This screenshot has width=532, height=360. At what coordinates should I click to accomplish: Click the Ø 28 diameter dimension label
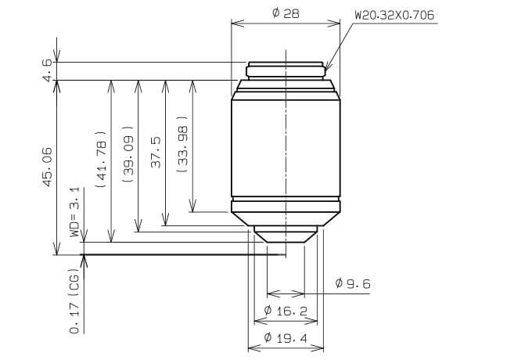pos(286,13)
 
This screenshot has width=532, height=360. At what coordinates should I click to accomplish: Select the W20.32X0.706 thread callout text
pos(394,15)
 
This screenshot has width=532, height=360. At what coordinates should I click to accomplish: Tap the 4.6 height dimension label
pos(48,70)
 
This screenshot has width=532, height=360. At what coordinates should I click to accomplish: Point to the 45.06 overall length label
pos(48,166)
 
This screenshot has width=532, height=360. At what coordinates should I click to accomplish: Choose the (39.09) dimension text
pos(128,155)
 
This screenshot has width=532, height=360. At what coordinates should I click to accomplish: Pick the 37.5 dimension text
pos(155,152)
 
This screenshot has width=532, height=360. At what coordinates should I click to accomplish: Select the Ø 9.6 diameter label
pos(352,283)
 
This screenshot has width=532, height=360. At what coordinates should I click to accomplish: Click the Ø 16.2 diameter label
pos(286,311)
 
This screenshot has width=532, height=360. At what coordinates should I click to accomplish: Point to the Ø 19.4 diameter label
pos(286,338)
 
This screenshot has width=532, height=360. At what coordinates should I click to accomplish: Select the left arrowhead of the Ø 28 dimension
pos(235,23)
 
